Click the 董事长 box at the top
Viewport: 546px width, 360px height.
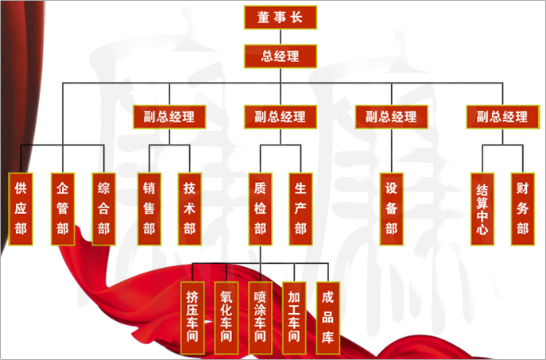pos(280,17)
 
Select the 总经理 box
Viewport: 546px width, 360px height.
pos(280,56)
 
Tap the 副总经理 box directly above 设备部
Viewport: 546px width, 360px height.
pos(391,117)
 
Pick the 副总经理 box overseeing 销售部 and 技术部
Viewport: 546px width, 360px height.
pos(168,117)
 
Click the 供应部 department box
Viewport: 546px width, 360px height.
pos(21,209)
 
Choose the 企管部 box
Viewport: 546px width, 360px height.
pos(63,209)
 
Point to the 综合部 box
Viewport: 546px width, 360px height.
pos(104,209)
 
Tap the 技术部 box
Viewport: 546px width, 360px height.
pos(190,209)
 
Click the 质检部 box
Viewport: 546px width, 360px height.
pos(260,209)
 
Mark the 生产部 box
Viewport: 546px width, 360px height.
pos(300,209)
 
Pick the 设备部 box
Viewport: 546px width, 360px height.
pos(391,209)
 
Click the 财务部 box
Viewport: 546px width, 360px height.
pos(522,209)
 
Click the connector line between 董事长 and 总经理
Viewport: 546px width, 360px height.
pos(280,37)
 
